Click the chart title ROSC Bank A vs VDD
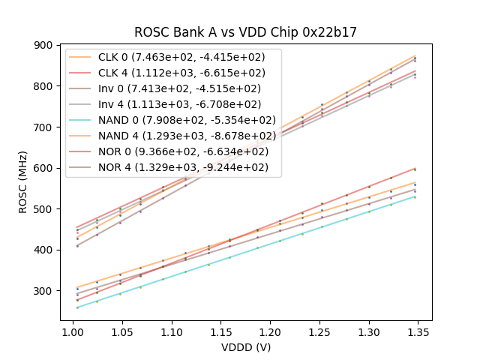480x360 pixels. tap(245, 32)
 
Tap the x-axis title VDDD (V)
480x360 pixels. tap(245, 347)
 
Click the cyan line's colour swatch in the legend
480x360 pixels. tap(80, 120)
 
